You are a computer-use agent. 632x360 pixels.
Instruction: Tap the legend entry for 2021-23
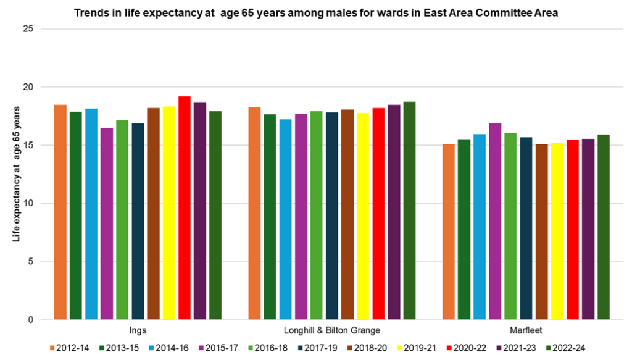coord(526,348)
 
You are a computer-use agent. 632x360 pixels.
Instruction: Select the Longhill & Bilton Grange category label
coord(332,330)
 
